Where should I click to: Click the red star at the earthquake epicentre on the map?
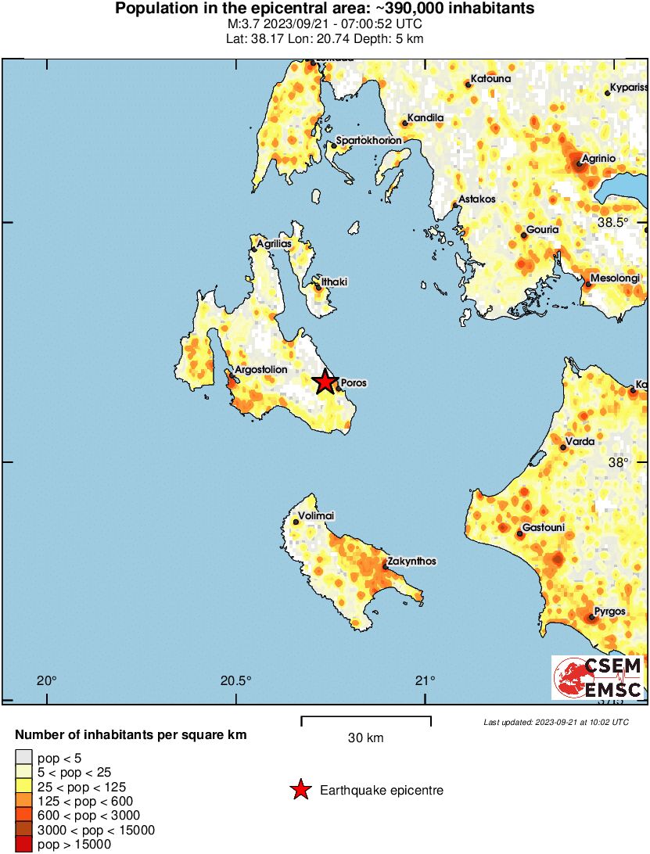(325, 382)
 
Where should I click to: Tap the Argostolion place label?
(261, 370)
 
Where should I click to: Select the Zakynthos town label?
(410, 562)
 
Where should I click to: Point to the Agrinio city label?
(596, 159)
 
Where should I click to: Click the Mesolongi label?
(615, 278)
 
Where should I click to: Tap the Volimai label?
(318, 516)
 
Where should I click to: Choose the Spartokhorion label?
(368, 141)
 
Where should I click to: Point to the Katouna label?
(490, 79)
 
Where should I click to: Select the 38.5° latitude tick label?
(612, 223)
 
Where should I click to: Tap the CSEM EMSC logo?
(598, 677)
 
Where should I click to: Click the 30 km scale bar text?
(365, 737)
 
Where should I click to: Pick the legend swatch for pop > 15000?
(24, 844)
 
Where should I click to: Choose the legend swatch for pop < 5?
(24, 757)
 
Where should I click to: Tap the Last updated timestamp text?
(555, 721)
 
